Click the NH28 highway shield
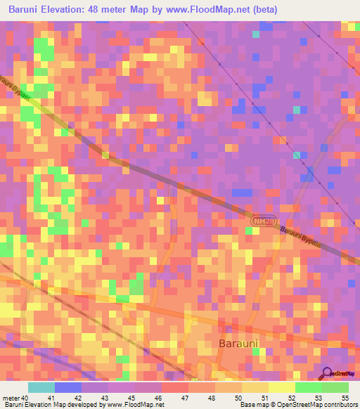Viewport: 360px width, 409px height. coord(261,221)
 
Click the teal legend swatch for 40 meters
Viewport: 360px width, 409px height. coord(41,387)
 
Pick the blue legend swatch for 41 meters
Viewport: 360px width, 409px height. coord(68,387)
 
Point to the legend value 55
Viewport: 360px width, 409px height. coord(345,398)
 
